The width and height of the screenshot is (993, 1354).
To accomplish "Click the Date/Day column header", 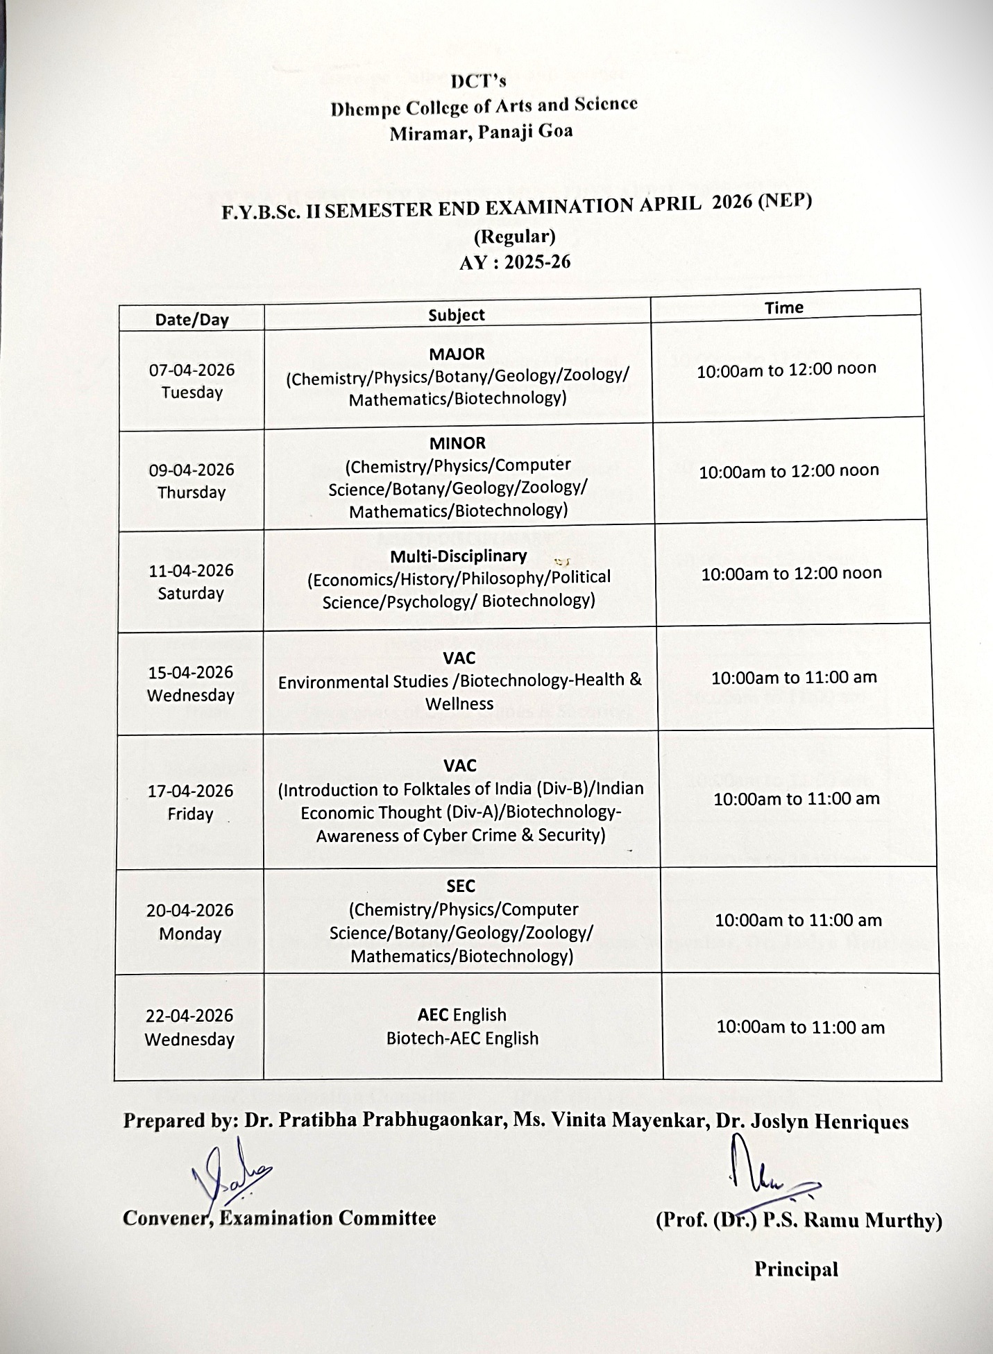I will pos(192,320).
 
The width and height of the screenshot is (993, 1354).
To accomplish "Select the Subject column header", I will pos(457,315).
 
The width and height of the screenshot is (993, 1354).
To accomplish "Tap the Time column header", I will pos(784,307).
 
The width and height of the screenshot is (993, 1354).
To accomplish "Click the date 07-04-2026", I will pos(192,370).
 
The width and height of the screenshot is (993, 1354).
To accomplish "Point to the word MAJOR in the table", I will pos(457,354).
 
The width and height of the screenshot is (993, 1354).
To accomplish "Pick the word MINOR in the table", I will pos(457,443).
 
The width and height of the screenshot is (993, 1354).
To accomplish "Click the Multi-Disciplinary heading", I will pos(458,556).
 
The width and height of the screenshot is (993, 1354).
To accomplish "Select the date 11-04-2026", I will pos(191,571).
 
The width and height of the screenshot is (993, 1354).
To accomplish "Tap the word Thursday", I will pos(192,492).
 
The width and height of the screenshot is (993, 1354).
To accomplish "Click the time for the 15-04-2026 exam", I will pos(794,677).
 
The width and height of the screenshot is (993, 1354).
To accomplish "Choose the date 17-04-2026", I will pos(190,791).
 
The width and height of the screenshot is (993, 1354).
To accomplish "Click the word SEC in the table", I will pos(461,886).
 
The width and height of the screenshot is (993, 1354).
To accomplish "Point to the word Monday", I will pos(189,934).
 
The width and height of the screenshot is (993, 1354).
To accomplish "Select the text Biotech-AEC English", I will pos(462,1038).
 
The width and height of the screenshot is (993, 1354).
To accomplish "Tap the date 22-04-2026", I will pos(189,1015).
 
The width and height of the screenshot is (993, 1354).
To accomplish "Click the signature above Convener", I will pos(229,1179).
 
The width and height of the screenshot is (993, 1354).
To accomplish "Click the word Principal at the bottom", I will pos(796,1269).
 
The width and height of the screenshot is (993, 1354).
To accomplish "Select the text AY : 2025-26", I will pos(514,262).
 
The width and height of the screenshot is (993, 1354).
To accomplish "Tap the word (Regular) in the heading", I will pos(514,237).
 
